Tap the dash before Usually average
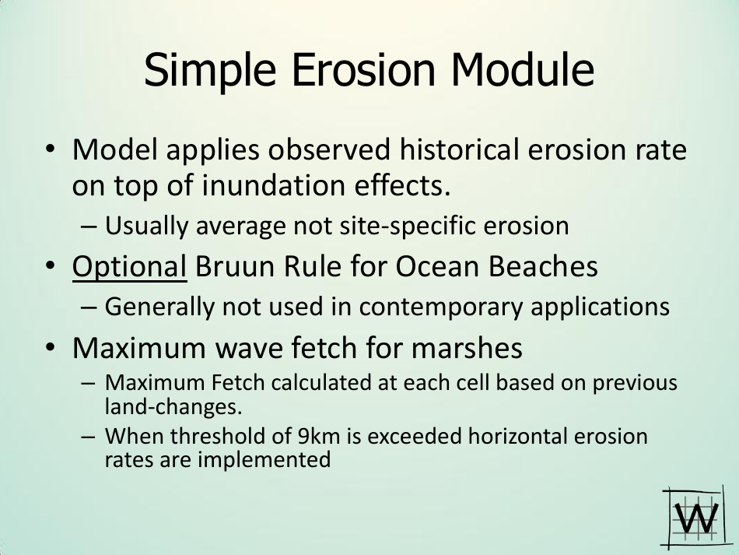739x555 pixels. [89, 227]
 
